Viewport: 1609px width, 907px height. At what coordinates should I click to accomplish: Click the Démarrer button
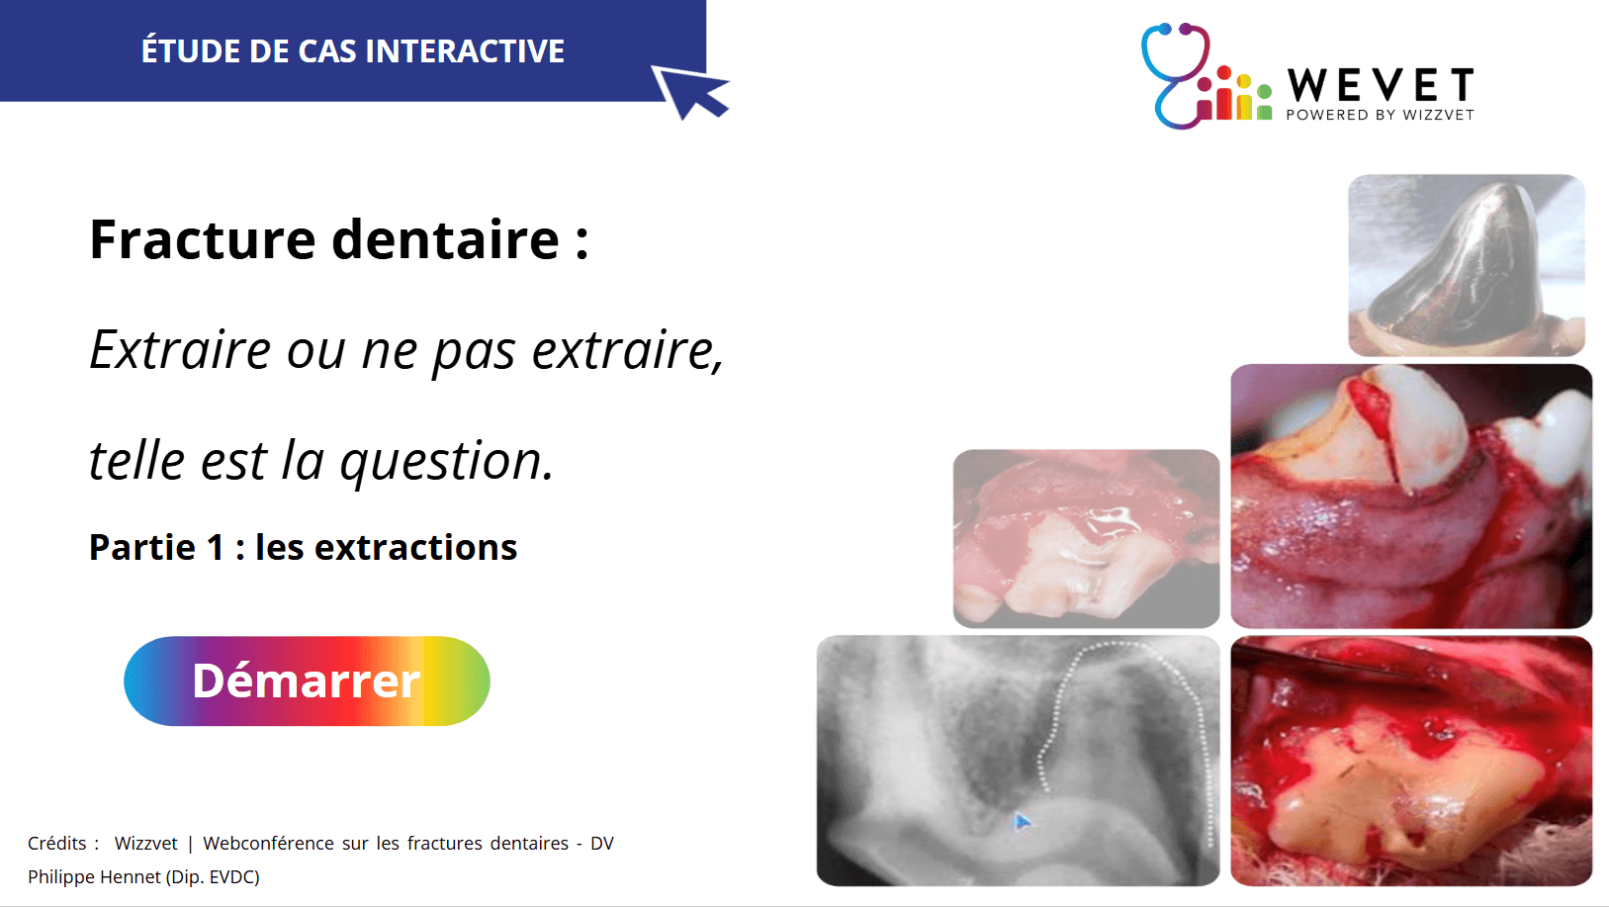tap(307, 680)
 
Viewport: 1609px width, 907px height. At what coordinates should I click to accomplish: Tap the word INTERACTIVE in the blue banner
tap(465, 51)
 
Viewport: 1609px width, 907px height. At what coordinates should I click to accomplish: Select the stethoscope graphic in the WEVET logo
tap(1176, 75)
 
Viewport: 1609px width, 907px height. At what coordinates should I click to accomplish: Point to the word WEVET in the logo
tap(1381, 85)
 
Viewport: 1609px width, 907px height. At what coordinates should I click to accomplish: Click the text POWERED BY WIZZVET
tap(1380, 115)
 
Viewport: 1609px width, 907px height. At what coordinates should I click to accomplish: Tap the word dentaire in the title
tap(445, 239)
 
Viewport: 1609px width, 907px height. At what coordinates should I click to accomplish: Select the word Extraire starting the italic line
tap(180, 350)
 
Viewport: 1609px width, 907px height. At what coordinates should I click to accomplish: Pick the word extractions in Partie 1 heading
tap(416, 548)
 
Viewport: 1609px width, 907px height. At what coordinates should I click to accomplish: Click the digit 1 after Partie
tap(216, 548)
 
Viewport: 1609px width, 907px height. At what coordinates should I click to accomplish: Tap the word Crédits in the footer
tap(56, 843)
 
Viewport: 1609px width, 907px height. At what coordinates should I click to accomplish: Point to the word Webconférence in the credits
tap(268, 843)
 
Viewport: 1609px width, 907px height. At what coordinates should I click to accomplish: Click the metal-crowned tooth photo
tap(1466, 265)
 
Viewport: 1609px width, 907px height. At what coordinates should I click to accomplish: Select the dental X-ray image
tap(1018, 761)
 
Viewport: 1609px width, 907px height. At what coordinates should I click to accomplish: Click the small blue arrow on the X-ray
tap(1022, 822)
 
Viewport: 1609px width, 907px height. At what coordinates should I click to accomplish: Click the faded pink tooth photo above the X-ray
tap(1086, 538)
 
